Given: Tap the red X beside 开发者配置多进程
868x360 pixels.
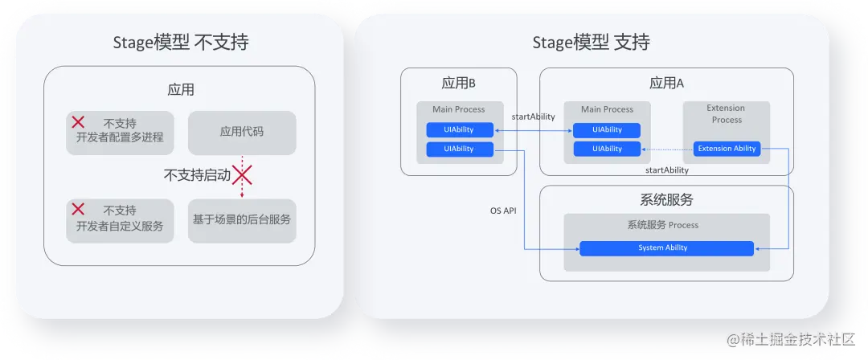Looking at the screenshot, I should [x=78, y=123].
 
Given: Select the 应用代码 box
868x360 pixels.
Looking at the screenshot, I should [x=242, y=133].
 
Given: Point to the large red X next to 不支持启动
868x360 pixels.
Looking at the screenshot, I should [x=243, y=174].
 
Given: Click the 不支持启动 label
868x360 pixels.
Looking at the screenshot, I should [x=197, y=174].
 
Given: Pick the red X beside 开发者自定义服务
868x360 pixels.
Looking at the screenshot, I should [x=78, y=210].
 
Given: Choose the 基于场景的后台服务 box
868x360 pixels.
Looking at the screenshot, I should [x=242, y=219].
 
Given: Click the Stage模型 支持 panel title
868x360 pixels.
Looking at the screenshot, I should [x=591, y=43].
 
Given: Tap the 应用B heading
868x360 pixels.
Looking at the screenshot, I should [x=459, y=84].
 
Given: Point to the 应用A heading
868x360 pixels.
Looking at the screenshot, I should [x=666, y=84].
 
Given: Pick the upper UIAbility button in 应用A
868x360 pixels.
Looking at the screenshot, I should [x=607, y=130].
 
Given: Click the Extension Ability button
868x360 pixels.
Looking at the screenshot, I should [x=727, y=149].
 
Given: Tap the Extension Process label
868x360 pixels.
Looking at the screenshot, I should [x=726, y=114].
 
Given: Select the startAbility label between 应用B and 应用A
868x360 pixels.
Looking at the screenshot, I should [x=533, y=117].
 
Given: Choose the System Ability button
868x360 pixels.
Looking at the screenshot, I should [x=666, y=248].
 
